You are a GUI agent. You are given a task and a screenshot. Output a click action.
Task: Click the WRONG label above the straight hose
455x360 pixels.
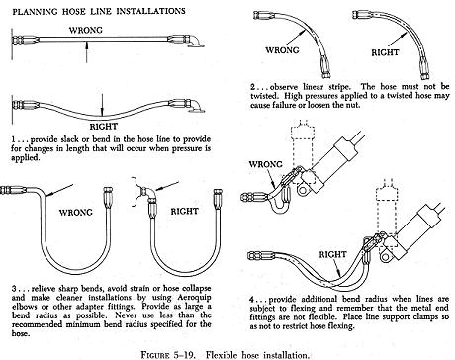tap(86, 30)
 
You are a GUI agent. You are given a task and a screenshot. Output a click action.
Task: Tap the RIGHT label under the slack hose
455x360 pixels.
tap(104, 127)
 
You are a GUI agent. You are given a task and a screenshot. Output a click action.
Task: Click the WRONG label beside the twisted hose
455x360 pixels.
tap(282, 50)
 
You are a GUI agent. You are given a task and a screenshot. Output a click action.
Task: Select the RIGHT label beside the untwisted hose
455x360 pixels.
tap(385, 52)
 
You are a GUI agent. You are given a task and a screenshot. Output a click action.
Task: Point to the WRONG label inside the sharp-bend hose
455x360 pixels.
tap(76, 212)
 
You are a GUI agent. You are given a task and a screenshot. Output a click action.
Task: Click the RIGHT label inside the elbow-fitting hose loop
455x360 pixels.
tap(184, 211)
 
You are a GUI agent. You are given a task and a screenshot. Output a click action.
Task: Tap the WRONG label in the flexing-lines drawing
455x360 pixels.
tap(265, 164)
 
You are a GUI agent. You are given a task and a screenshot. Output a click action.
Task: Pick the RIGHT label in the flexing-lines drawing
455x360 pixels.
tap(332, 254)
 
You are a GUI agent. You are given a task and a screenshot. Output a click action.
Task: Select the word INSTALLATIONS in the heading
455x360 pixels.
tap(150, 11)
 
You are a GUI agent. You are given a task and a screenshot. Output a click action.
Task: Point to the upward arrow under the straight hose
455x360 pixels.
tap(87, 51)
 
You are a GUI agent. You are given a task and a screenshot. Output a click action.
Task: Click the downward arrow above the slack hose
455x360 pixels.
tap(103, 105)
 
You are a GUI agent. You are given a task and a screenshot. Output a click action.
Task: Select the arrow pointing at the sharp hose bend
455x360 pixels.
tap(59, 191)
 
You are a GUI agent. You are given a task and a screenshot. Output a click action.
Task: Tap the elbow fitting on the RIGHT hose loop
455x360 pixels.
tap(147, 195)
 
